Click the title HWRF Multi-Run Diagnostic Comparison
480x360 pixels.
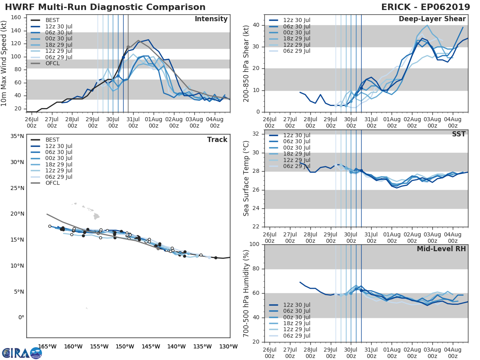105,7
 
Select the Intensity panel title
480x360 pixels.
211,19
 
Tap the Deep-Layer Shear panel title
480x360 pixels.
432,19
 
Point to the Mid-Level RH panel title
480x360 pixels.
441,249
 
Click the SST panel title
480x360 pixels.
459,134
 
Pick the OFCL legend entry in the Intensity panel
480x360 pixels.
52,63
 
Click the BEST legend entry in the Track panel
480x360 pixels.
52,140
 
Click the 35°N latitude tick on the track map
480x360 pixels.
17,136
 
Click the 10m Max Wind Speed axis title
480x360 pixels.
4,63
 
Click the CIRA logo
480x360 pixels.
22,353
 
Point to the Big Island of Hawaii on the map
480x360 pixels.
97,216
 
